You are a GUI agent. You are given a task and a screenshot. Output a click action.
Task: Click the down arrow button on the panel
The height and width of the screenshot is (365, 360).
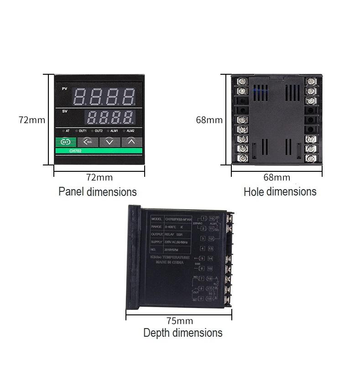110,142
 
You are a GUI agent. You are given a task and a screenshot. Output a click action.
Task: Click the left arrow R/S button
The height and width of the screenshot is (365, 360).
88,142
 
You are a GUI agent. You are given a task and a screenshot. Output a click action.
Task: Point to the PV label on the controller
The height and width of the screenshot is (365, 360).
64,88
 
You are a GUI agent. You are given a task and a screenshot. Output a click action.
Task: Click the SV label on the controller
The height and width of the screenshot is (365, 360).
64,111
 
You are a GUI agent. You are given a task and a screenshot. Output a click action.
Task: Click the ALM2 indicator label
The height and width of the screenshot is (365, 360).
130,131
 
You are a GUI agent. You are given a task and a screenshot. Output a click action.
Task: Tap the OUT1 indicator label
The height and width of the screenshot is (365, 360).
83,131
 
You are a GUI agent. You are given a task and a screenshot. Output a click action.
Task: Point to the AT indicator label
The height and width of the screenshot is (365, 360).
68,131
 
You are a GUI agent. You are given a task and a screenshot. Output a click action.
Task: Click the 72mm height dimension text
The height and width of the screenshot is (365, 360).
32,120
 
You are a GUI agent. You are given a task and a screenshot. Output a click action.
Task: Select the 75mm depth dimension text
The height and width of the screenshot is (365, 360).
179,321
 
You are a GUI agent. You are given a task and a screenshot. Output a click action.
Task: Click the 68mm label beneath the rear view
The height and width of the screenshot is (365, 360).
277,177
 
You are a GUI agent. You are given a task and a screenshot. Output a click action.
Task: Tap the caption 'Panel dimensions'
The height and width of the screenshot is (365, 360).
97,192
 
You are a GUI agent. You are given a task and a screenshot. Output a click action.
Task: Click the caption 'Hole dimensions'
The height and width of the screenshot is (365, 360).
280,192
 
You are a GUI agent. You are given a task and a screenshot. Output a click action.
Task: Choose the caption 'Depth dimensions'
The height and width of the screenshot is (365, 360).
183,333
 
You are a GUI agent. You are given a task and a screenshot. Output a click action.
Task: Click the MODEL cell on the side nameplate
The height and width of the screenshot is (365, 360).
157,218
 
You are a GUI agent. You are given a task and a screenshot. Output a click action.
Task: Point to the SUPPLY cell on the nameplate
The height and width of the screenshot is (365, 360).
157,242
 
